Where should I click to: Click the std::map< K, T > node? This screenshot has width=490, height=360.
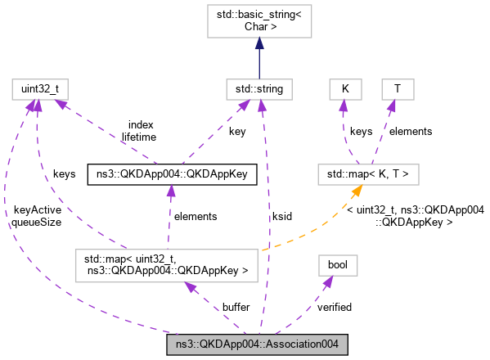tap(369, 174)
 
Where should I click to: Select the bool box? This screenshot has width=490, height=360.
tap(338, 264)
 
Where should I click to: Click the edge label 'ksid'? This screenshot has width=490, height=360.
tap(282, 217)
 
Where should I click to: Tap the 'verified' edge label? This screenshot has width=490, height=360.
tap(334, 308)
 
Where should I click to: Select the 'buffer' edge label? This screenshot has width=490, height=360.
tap(236, 308)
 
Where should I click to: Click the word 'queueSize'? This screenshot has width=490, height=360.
tap(36, 223)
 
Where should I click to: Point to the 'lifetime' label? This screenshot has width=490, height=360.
tap(139, 137)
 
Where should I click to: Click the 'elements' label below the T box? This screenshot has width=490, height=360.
tap(410, 131)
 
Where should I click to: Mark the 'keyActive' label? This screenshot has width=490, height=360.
tap(37, 210)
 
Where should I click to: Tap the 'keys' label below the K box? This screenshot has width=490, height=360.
tap(362, 131)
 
